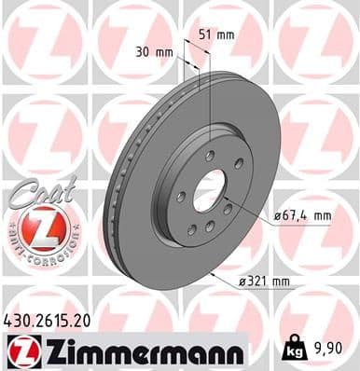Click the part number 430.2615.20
pos(49,320)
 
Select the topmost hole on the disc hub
pos(211,155)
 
